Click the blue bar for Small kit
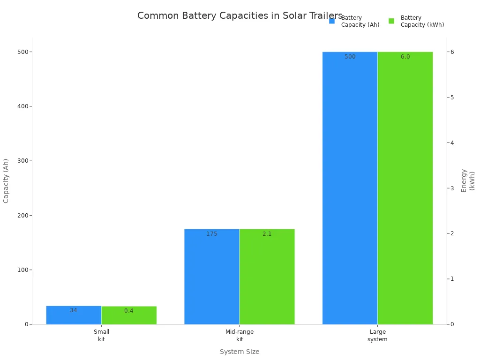coord(74,315)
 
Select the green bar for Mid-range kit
coord(267,277)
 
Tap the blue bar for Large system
coord(350,187)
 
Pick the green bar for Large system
coord(405,187)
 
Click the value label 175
coord(212,234)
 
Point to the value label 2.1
coord(267,234)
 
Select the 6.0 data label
coord(405,57)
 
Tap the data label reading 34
coord(74,310)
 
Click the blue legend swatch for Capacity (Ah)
coord(332,21)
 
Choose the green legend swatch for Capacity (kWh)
coord(391,21)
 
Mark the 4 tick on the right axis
coord(452,142)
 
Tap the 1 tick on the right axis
coord(452,279)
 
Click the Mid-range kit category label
coord(240,335)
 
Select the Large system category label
coord(377,335)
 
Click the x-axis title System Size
coord(240,352)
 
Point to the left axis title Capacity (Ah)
coord(6,180)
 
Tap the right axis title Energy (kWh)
coord(468,180)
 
